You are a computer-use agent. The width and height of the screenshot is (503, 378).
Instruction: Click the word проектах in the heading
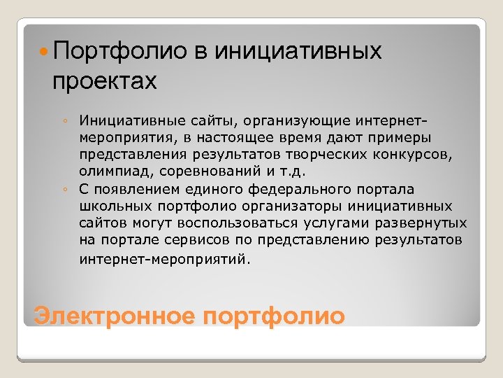coord(103,82)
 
